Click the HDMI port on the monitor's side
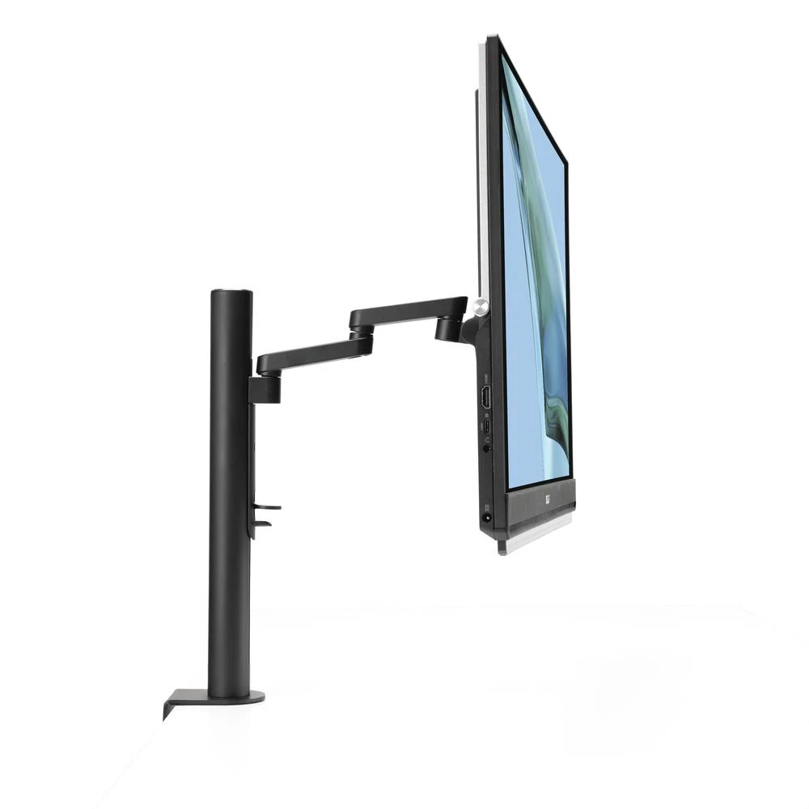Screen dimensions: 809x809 pos(486,396)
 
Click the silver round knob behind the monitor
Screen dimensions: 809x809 pos(481,306)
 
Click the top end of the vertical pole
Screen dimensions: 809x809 pos(231,294)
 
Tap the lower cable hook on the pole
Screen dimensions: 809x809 pos(260,523)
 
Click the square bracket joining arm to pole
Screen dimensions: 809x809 pos(265,389)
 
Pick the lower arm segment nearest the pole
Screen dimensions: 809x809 pos(311,354)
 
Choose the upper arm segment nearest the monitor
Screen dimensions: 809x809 pos(409,311)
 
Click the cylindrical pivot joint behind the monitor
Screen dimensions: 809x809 pos(448,328)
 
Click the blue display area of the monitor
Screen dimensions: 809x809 pos(534,307)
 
